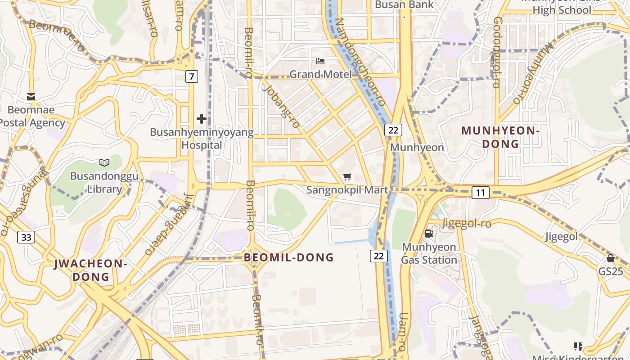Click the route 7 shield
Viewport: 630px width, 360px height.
(192, 76)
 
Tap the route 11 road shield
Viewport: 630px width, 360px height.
(481, 193)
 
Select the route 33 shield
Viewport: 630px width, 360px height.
(26, 237)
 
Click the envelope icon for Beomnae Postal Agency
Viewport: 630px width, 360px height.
(31, 97)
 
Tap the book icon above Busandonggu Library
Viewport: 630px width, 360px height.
(104, 162)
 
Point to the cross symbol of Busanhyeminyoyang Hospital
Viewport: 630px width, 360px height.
(202, 119)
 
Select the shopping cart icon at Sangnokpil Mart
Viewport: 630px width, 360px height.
(347, 177)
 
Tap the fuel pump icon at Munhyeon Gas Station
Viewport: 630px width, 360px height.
(429, 234)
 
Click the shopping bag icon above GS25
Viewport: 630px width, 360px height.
(611, 258)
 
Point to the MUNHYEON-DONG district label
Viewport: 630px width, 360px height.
(500, 137)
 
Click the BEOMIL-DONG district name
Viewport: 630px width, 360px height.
(289, 257)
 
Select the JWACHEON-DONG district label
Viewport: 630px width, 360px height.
(91, 270)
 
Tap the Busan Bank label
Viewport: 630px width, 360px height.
(404, 5)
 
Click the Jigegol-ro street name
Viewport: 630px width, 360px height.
(467, 223)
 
